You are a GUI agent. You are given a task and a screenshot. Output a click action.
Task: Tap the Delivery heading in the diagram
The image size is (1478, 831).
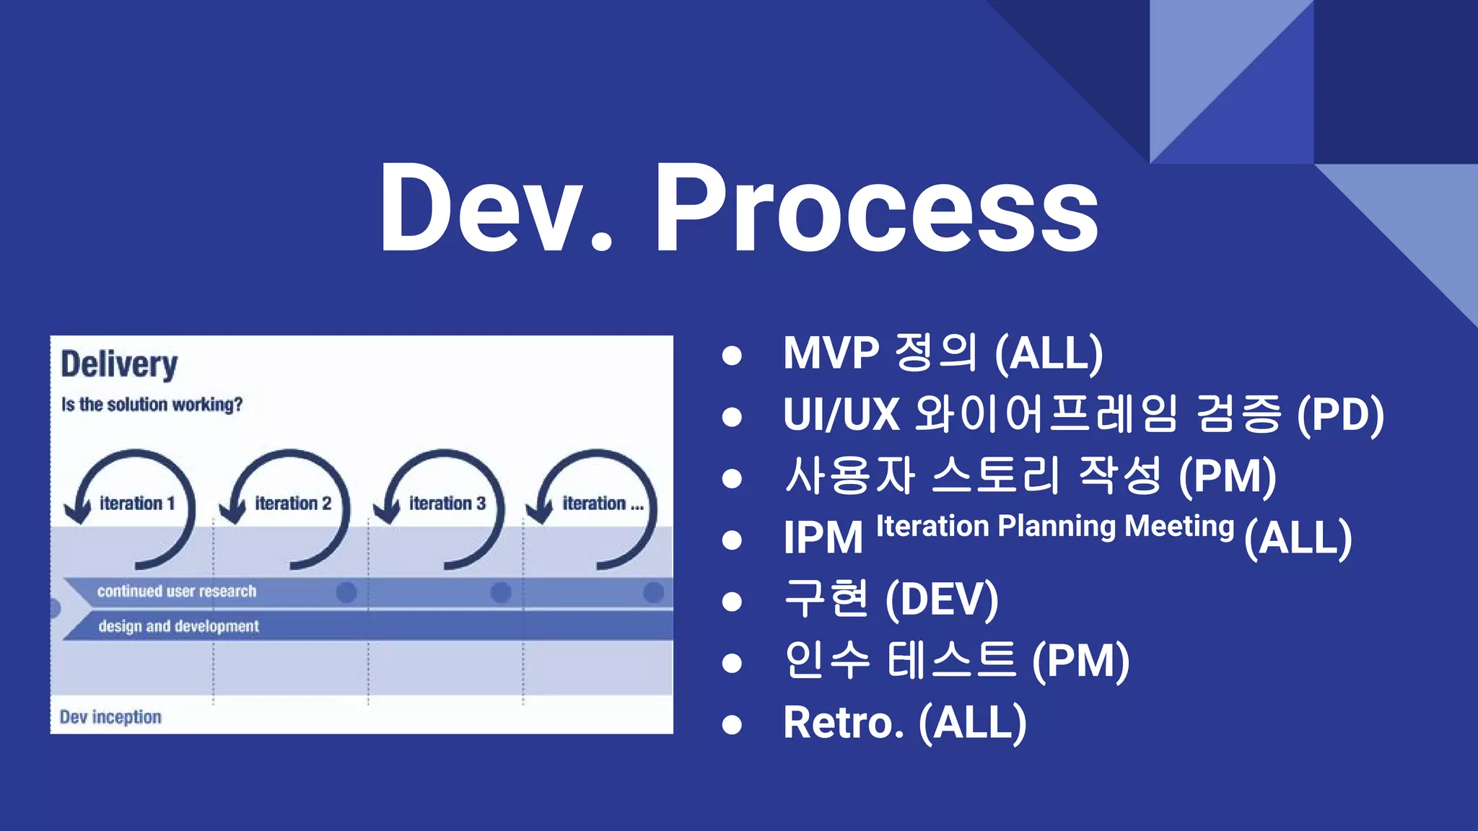pyautogui.click(x=119, y=364)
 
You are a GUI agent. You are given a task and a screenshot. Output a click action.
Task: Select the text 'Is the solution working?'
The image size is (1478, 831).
pyautogui.click(x=152, y=404)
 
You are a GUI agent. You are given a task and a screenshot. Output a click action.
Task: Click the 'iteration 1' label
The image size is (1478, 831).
pyautogui.click(x=137, y=504)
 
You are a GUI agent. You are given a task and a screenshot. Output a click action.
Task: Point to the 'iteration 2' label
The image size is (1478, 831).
pyautogui.click(x=292, y=504)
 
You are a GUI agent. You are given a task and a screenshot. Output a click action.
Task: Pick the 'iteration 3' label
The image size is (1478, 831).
pyautogui.click(x=447, y=504)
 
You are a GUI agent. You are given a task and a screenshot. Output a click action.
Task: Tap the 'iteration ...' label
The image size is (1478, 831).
pyautogui.click(x=603, y=504)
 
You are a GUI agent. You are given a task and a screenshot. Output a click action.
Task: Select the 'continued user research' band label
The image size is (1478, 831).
pyautogui.click(x=177, y=592)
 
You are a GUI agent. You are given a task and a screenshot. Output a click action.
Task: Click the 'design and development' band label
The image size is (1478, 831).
pyautogui.click(x=178, y=626)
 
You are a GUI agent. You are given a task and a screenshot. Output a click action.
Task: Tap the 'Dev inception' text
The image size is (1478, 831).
pyautogui.click(x=110, y=717)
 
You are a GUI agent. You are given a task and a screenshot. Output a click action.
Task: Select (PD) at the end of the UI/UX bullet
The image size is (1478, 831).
pyautogui.click(x=1340, y=415)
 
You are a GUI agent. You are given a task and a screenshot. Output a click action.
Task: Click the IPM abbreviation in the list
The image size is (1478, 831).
pyautogui.click(x=823, y=538)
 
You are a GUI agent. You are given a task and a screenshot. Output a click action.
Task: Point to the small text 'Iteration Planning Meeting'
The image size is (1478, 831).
pyautogui.click(x=1054, y=526)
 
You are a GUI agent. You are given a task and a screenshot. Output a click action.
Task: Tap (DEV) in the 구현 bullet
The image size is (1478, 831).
pyautogui.click(x=942, y=599)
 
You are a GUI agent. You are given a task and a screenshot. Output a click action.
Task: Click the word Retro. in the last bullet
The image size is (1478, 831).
pyautogui.click(x=843, y=723)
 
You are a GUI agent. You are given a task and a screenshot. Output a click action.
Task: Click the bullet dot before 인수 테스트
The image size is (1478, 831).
pyautogui.click(x=732, y=662)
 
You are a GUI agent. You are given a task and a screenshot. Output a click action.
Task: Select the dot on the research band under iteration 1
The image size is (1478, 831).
pyautogui.click(x=346, y=592)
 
